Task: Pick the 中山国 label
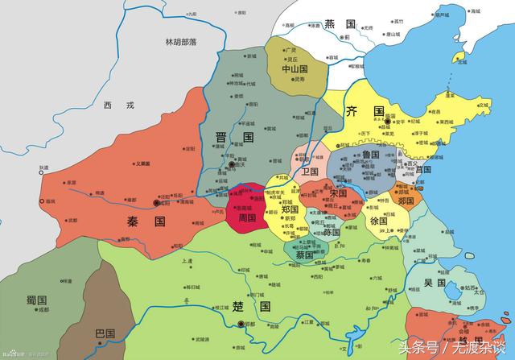click(x=296, y=69)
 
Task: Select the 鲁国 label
click(x=371, y=154)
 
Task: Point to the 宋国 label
click(x=338, y=193)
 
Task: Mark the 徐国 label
click(x=378, y=220)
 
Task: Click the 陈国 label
click(x=331, y=232)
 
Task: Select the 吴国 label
click(x=435, y=283)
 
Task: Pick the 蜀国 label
click(x=36, y=300)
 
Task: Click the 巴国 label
click(x=105, y=333)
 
